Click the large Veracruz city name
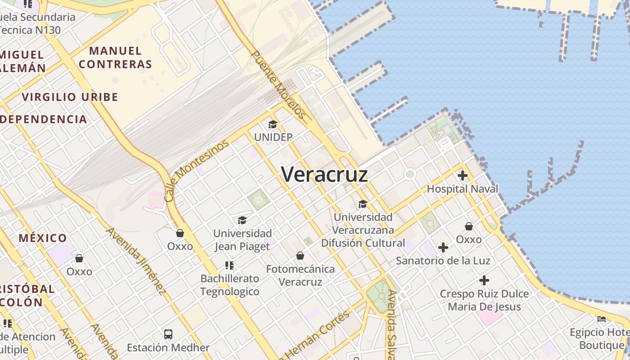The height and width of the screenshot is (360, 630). pyautogui.click(x=324, y=175)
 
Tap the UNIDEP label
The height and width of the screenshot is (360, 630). pyautogui.click(x=273, y=137)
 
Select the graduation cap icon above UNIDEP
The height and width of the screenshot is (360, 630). pyautogui.click(x=273, y=124)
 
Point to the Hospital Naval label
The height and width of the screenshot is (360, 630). pyautogui.click(x=462, y=189)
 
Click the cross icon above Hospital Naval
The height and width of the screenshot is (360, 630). pyautogui.click(x=462, y=175)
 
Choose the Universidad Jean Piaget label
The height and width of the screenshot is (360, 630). pyautogui.click(x=243, y=240)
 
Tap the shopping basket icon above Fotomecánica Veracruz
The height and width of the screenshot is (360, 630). pyautogui.click(x=300, y=256)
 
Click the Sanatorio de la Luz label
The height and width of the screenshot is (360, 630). pyautogui.click(x=443, y=261)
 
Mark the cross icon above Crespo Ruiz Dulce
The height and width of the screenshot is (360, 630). pyautogui.click(x=484, y=280)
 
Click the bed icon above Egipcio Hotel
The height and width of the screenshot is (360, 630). pyautogui.click(x=602, y=319)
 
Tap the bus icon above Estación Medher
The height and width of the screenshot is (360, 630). pyautogui.click(x=168, y=334)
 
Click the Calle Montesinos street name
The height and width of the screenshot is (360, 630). pyautogui.click(x=196, y=170)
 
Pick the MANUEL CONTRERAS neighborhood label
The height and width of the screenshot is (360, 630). pyautogui.click(x=115, y=57)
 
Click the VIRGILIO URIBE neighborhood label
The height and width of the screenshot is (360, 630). pyautogui.click(x=70, y=97)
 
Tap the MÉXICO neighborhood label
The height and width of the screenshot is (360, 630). pyautogui.click(x=43, y=238)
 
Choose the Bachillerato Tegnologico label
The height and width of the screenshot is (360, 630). pyautogui.click(x=230, y=285)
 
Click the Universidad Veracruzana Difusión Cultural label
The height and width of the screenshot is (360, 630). pyautogui.click(x=363, y=230)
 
